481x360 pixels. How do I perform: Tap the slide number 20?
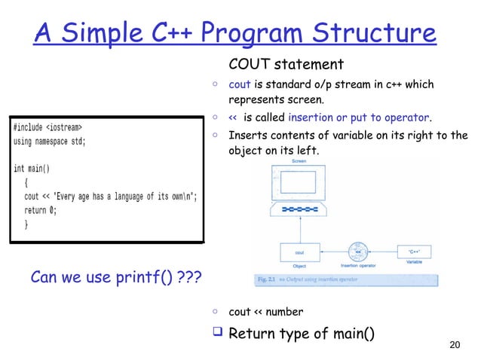click(454, 346)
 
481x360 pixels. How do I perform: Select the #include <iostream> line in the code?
click(47, 126)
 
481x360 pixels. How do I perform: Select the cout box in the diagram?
click(299, 252)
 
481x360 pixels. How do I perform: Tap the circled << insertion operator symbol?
click(358, 252)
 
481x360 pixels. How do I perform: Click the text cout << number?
click(266, 312)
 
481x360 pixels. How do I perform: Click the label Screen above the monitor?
click(299, 161)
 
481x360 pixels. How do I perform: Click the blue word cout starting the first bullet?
click(239, 84)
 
